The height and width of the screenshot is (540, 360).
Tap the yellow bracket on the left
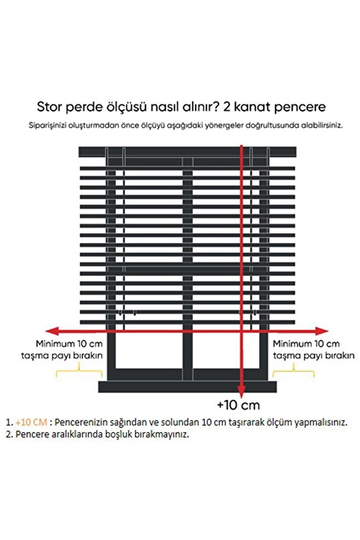[79, 371]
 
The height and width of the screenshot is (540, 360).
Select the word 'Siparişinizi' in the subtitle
[50, 125]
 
